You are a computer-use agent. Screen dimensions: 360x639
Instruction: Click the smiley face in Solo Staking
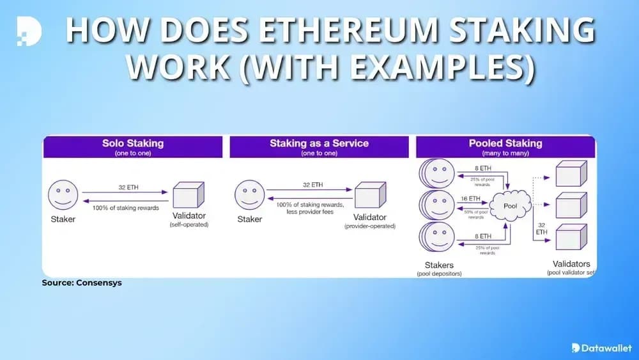tap(63, 194)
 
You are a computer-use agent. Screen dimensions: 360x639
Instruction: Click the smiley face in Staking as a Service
tap(249, 194)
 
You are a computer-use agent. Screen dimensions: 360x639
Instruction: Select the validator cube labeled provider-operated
tap(371, 196)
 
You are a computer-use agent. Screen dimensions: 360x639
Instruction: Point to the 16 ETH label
tap(470, 200)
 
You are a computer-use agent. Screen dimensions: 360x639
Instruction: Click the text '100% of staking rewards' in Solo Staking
tap(125, 208)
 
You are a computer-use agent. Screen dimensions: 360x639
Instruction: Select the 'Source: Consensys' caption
tap(81, 283)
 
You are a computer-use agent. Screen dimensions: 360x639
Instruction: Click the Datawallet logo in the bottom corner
tap(601, 347)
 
